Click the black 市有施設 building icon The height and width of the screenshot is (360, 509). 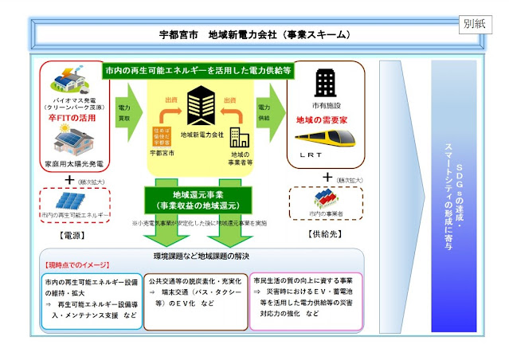coord(324,84)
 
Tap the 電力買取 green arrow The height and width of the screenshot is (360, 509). coord(127,106)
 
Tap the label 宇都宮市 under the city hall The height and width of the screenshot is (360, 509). coord(163,151)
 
